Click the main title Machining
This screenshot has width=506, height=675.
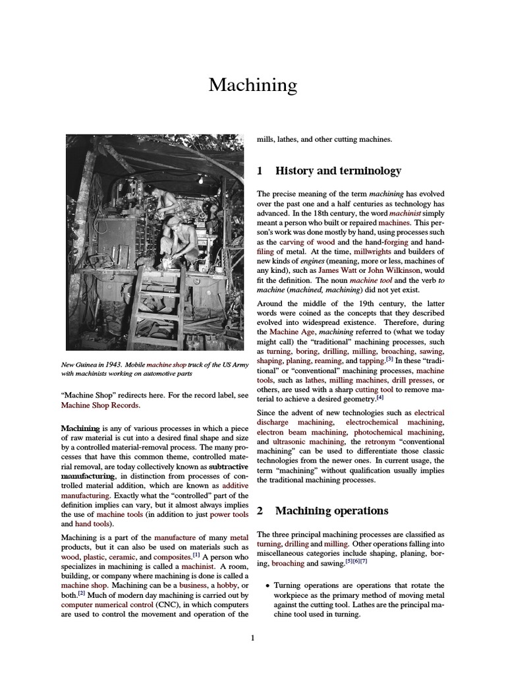tap(253, 85)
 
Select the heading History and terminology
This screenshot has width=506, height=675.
tap(337, 171)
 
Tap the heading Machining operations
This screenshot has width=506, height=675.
tap(331, 511)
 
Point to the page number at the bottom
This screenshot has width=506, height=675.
tap(253, 637)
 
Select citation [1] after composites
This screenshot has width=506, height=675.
tap(196, 555)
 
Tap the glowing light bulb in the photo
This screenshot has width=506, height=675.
tap(200, 179)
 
